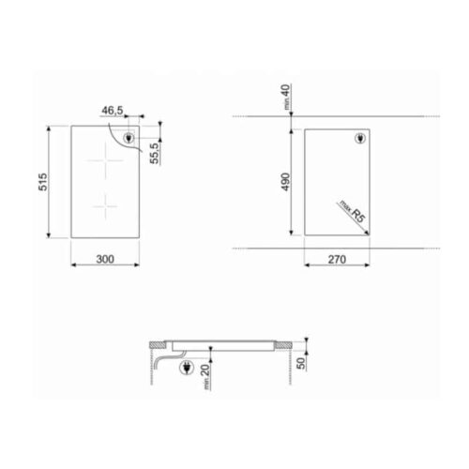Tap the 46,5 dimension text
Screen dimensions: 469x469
point(113,111)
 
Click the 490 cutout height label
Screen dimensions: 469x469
point(284,181)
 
